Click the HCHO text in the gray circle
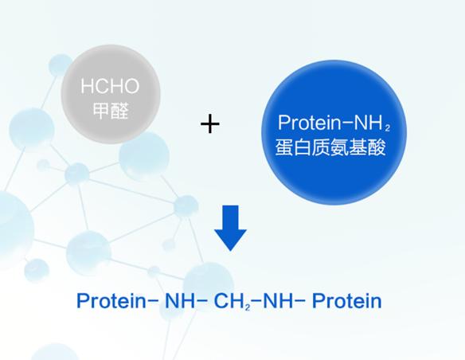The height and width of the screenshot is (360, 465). coord(110,86)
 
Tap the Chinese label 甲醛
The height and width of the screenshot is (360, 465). coord(111,111)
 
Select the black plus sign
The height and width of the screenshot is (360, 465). coord(210,123)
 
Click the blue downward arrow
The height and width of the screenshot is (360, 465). coord(230,228)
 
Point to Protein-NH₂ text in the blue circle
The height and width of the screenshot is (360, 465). coord(334,123)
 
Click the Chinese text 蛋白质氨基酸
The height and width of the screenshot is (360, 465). coord(330,147)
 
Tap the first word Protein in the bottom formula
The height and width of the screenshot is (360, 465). coord(111,301)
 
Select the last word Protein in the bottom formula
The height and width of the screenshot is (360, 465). coord(347,301)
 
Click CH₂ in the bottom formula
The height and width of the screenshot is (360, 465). coord(232,301)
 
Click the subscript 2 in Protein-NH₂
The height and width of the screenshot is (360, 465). coord(387,127)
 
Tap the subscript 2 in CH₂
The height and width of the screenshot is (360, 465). coord(248,307)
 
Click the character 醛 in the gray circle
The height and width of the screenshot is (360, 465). coord(119,111)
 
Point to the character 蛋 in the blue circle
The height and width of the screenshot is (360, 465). coord(284,147)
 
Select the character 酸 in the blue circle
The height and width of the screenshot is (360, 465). coord(377,147)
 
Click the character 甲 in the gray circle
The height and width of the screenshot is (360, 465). coord(101,111)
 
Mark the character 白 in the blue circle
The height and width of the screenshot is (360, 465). coord(303,147)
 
